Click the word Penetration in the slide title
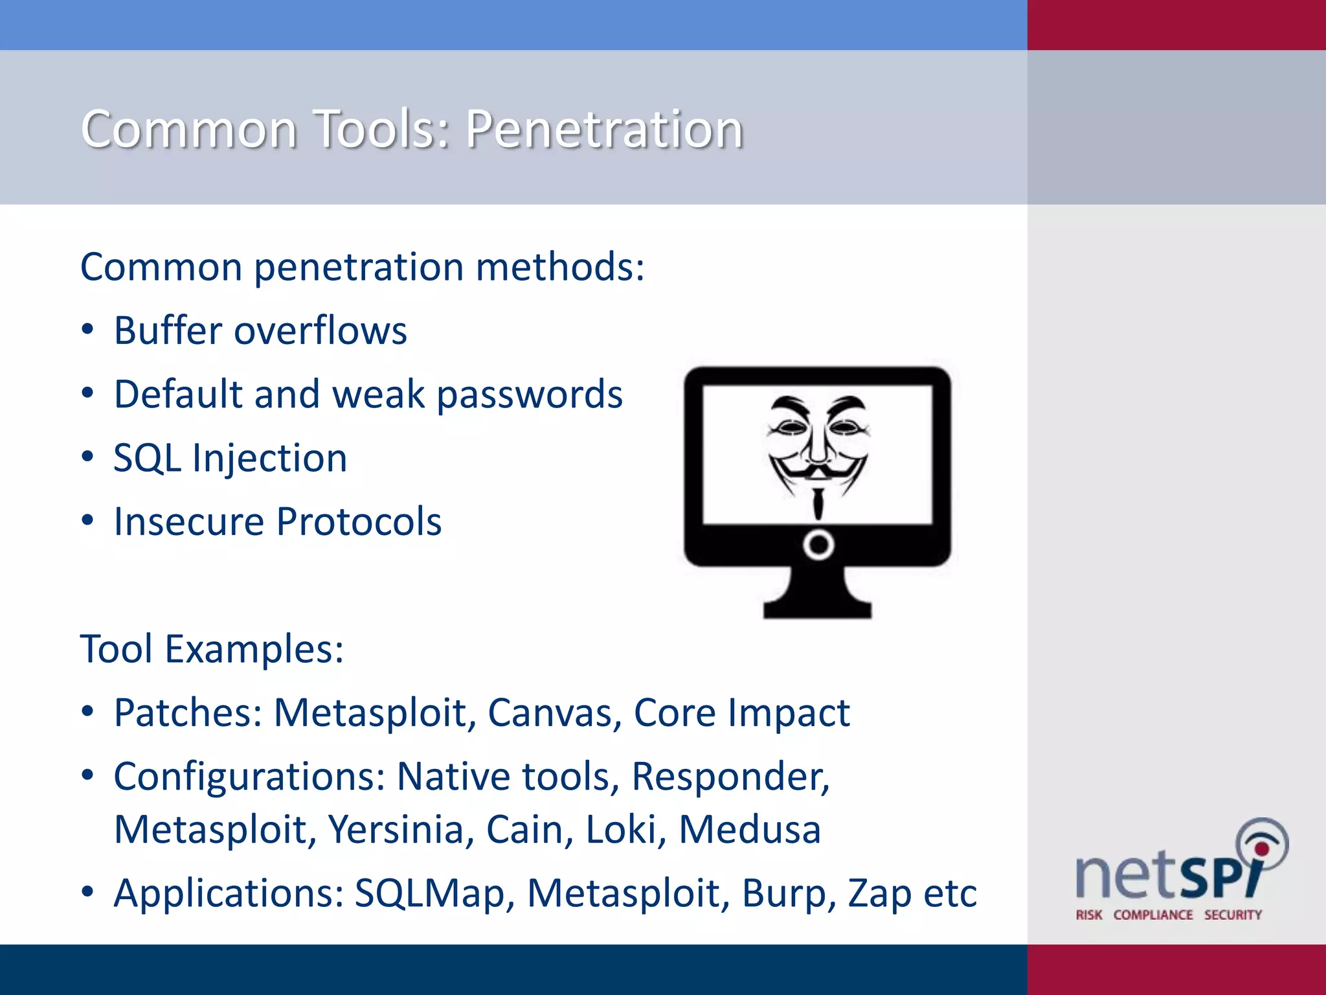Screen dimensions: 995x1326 [604, 129]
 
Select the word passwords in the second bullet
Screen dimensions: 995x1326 [530, 395]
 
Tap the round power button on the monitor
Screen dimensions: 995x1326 [818, 545]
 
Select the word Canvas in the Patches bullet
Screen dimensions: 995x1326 [554, 713]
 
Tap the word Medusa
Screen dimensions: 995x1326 [750, 830]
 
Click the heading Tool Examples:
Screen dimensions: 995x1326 [212, 649]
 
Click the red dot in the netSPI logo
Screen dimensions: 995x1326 [1261, 849]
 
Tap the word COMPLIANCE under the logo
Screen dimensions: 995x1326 [1152, 915]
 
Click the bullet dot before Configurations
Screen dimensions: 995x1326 [88, 775]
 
